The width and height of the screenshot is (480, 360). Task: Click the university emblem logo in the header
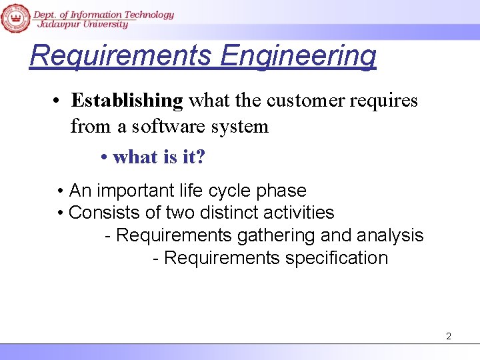[15, 17]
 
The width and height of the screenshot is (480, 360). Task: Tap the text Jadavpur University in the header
[83, 24]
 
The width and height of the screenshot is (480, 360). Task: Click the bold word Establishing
[127, 101]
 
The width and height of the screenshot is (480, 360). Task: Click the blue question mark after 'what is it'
[201, 157]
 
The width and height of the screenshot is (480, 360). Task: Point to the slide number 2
[449, 336]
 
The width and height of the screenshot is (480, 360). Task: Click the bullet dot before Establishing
[59, 101]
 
